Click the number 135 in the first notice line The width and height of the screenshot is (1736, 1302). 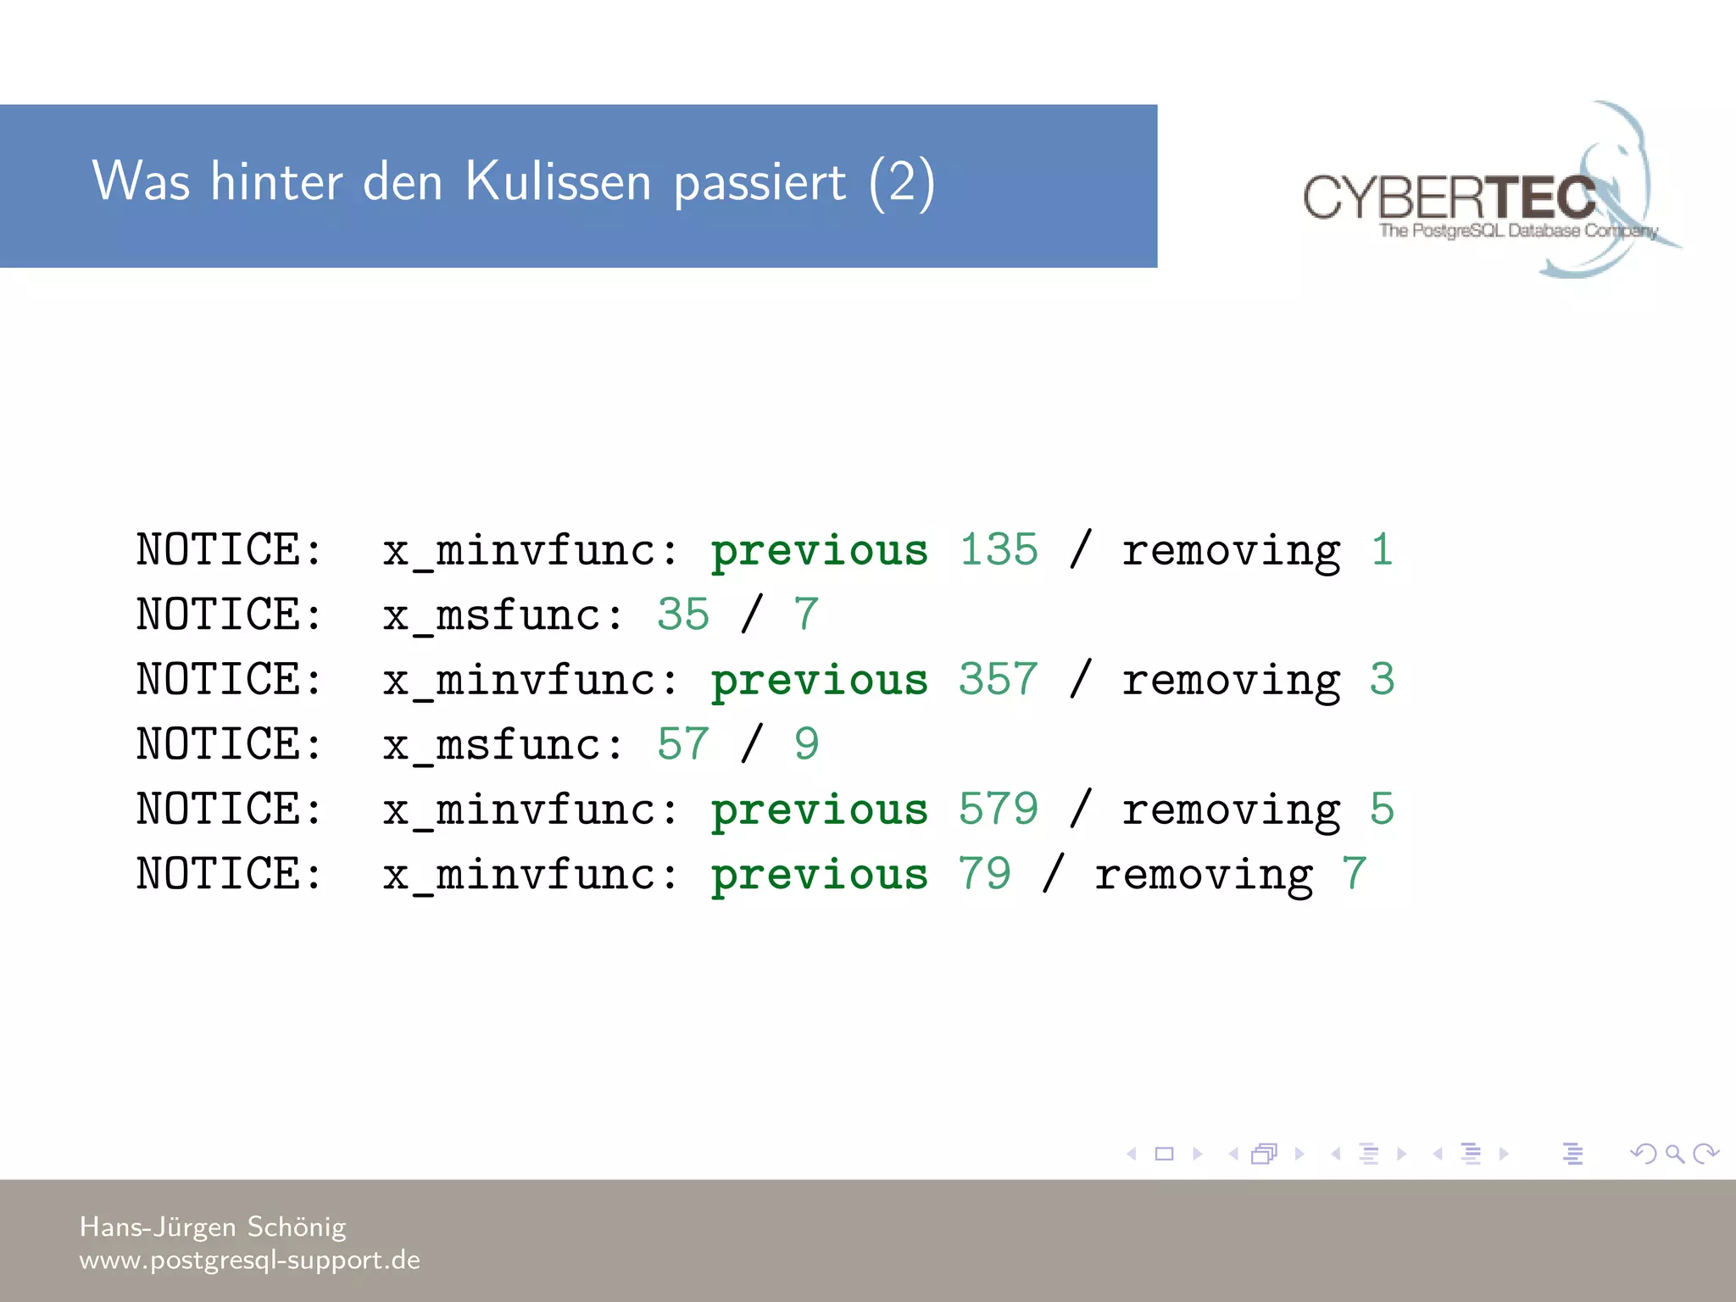pos(999,549)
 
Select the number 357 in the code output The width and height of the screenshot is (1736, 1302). pos(999,679)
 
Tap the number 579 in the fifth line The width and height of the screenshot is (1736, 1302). pos(999,809)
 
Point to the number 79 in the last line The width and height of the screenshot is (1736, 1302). pos(985,874)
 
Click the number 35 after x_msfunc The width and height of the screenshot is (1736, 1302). pos(683,615)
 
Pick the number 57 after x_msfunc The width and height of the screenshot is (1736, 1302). pos(683,744)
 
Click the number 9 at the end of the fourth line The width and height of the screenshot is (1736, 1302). pos(806,744)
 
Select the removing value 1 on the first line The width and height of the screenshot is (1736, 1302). pos(1382,549)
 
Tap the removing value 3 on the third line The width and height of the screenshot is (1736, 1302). pos(1382,679)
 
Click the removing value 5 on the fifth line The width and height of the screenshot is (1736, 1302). pos(1382,809)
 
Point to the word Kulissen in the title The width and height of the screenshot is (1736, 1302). pos(558,181)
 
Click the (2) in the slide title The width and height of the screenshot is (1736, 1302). pos(902,183)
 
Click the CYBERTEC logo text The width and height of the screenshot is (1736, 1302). pos(1449,198)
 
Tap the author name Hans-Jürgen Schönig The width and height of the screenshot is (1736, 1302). pos(213,1227)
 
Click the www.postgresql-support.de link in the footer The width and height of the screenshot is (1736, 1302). pos(249,1260)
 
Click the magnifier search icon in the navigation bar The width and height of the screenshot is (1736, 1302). pos(1674,1154)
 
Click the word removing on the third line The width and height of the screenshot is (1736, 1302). pos(1231,681)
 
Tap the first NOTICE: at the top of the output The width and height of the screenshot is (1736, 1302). pos(230,549)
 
